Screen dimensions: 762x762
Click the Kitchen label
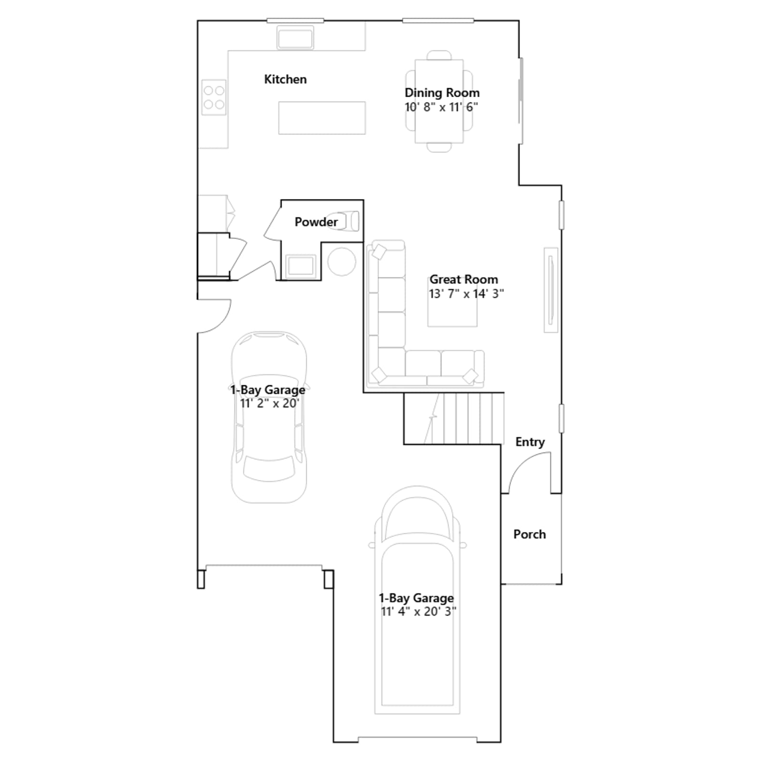[285, 79]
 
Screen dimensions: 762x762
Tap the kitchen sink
[295, 38]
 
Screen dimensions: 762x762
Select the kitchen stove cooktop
[214, 97]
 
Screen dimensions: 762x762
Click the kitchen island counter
[322, 118]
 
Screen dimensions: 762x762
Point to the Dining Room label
[442, 92]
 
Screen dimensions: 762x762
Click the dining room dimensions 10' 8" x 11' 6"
[441, 107]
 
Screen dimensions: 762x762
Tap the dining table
[439, 101]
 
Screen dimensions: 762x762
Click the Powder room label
[316, 221]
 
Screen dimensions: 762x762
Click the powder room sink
[301, 266]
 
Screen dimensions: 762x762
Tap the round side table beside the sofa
[341, 261]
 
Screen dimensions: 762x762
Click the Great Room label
[463, 279]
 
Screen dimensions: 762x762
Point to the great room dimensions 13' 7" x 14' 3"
[466, 293]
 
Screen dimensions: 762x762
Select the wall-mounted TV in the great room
[551, 290]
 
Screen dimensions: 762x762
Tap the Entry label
[530, 442]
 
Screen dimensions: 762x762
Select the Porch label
[530, 534]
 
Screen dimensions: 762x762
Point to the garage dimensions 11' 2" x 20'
[270, 403]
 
